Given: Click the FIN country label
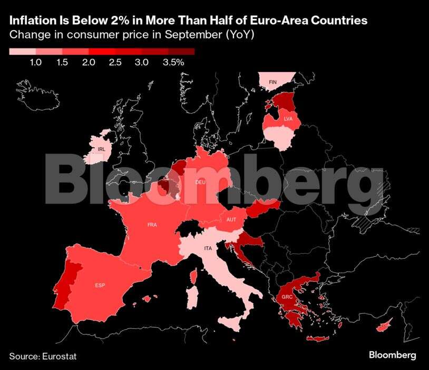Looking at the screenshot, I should click(x=272, y=83).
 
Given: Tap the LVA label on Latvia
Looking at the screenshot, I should click(x=288, y=119).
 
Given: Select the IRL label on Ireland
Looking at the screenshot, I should click(x=101, y=149).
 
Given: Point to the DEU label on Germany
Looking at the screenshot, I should click(x=200, y=182).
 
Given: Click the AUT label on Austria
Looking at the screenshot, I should click(x=231, y=219).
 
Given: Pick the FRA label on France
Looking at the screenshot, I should click(x=152, y=225).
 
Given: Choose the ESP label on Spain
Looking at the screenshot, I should click(x=100, y=285).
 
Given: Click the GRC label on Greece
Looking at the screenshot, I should click(x=287, y=297).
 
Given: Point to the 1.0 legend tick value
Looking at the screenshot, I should click(x=36, y=62).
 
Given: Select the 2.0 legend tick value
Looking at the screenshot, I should click(x=89, y=62).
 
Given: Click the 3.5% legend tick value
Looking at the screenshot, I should click(x=173, y=62).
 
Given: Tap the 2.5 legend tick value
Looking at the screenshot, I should click(x=115, y=62).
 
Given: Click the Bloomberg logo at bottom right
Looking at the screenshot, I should click(x=392, y=355).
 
